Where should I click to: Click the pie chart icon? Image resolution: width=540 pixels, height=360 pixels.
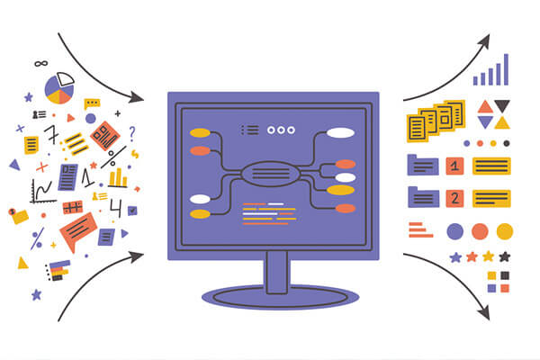point(59,88)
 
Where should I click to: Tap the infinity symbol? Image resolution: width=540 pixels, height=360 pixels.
point(40,64)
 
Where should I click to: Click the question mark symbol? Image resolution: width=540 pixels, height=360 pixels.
point(131,133)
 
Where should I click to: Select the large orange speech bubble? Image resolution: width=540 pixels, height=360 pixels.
point(77,230)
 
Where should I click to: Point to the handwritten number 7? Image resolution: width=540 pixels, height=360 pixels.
point(51,136)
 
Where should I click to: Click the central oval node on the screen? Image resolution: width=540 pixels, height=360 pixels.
point(270,171)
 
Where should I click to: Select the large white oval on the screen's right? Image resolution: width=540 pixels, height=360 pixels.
point(340,133)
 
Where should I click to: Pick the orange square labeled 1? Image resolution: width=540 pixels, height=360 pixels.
point(455,166)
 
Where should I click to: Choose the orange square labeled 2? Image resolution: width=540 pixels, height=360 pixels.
point(455,198)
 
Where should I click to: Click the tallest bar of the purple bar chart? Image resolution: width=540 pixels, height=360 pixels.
point(505,69)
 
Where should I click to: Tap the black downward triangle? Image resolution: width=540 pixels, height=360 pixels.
point(501,106)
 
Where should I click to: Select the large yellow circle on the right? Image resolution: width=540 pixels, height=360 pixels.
point(505,230)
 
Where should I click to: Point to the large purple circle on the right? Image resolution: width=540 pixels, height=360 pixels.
point(455,230)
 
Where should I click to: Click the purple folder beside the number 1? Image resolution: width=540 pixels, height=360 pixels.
point(422,165)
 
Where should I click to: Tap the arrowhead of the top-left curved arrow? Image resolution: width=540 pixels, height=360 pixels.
point(139,96)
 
